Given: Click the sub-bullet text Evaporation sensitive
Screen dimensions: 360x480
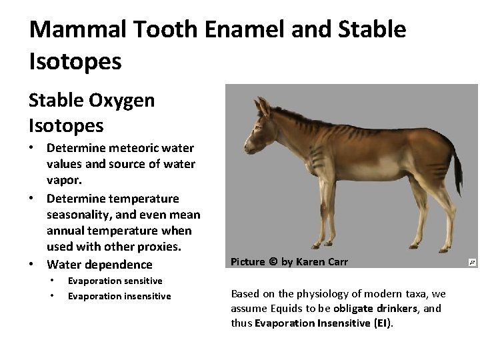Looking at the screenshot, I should point(115,281).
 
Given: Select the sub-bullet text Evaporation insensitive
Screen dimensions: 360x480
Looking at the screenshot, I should point(119,296).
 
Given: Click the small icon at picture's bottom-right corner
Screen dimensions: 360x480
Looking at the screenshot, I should point(472,263).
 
